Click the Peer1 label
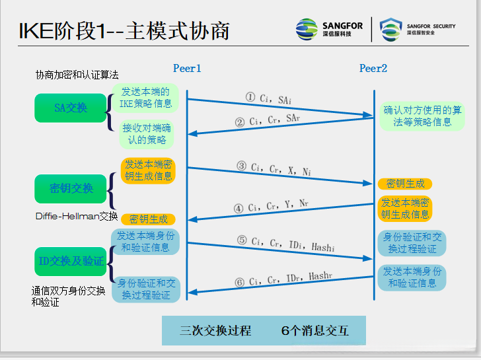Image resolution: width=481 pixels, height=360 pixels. (x=186, y=69)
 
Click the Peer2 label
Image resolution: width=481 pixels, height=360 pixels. (x=373, y=69)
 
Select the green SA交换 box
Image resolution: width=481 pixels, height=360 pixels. (x=71, y=108)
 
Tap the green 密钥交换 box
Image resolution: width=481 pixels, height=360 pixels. (x=71, y=188)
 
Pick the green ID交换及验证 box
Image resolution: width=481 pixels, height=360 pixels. (x=71, y=261)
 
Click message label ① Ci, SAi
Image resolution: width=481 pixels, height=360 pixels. (x=268, y=98)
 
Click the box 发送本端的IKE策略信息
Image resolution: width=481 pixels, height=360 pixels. (x=145, y=98)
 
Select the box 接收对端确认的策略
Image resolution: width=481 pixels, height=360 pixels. (x=146, y=134)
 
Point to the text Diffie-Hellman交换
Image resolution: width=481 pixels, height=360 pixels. (x=77, y=216)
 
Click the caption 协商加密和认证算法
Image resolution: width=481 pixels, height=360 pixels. (x=77, y=75)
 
